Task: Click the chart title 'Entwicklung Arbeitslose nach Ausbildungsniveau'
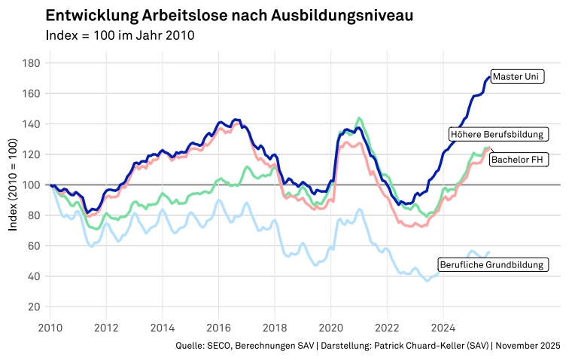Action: tap(229, 16)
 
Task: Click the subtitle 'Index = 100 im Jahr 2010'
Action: tap(120, 35)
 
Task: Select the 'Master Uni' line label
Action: tap(517, 76)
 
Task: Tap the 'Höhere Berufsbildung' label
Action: tap(497, 134)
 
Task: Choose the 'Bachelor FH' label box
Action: tap(518, 160)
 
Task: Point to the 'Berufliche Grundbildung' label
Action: tap(492, 265)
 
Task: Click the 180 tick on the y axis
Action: tap(31, 63)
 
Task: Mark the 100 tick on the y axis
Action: tap(31, 185)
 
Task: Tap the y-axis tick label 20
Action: tap(33, 307)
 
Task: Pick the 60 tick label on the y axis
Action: tap(33, 246)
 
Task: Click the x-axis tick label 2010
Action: tap(50, 328)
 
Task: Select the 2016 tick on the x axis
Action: tap(218, 328)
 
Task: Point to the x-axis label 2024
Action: tap(443, 328)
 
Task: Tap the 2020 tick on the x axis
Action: tap(330, 328)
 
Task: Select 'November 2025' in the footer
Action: tap(528, 346)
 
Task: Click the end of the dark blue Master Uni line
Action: tap(489, 77)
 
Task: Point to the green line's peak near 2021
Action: tap(359, 118)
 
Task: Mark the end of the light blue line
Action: tap(489, 252)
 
